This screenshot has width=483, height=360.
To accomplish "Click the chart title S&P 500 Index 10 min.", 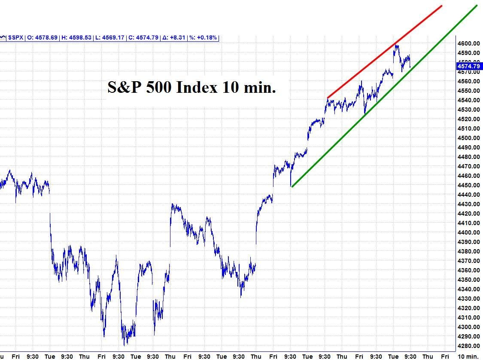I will coord(191,88).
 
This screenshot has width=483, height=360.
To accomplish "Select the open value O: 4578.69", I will coord(43,38).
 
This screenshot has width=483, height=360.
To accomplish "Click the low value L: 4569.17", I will coord(110,38).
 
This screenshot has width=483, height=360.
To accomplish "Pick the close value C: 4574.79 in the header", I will coord(143,38).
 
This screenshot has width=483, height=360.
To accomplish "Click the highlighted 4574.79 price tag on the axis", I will coord(468,66).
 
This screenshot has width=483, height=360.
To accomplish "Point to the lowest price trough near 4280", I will coord(125,345).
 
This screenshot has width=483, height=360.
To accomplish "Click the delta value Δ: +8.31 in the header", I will coord(174,38).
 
